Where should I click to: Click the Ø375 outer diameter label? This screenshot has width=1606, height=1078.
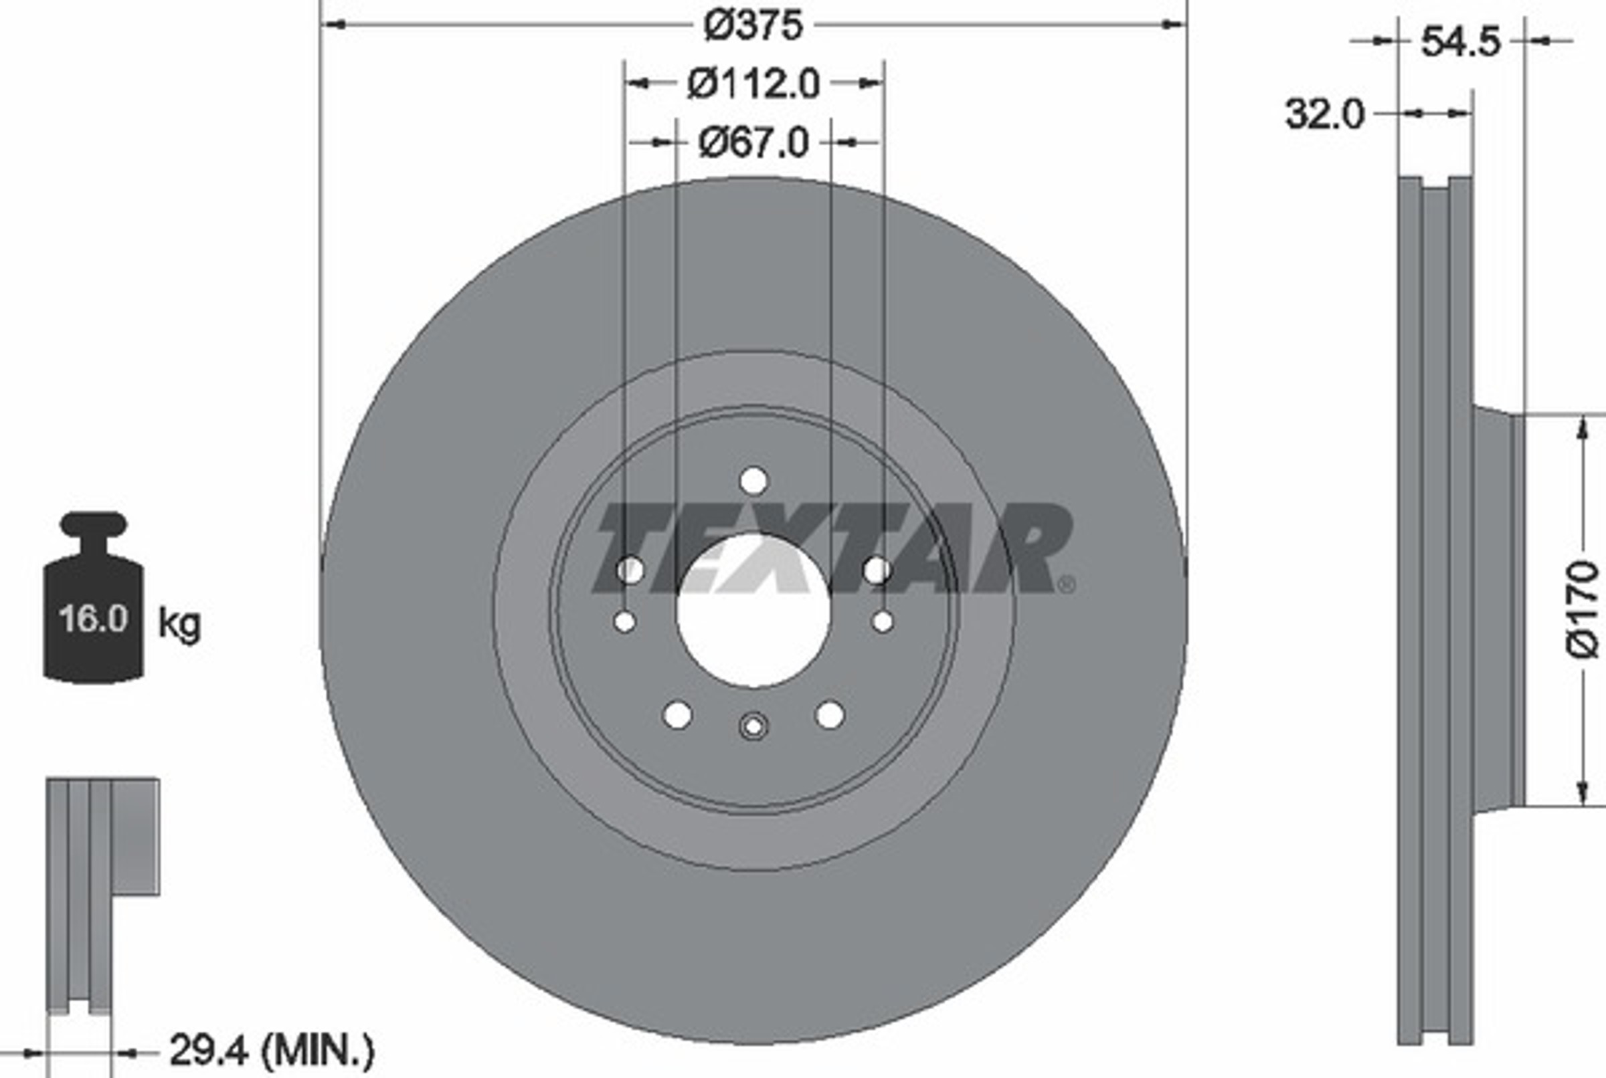[x=753, y=25]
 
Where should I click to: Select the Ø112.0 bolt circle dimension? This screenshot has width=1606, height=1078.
[x=753, y=84]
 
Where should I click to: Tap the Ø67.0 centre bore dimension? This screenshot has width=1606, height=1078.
[x=753, y=144]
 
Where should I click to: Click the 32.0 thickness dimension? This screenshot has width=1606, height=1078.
[x=1324, y=114]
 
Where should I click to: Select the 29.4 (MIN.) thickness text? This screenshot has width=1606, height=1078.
[x=272, y=1050]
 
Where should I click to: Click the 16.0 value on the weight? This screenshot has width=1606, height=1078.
[x=94, y=618]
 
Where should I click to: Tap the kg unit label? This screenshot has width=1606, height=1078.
[x=179, y=624]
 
